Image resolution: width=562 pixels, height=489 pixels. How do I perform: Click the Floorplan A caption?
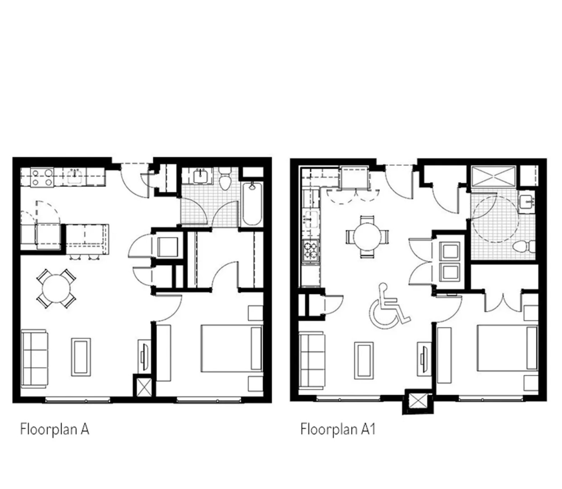[54, 429]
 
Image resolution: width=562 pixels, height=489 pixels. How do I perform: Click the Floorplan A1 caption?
[338, 429]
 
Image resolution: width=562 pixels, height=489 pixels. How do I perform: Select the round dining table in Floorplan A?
[56, 288]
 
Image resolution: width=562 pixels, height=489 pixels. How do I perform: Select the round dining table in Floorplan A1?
[367, 236]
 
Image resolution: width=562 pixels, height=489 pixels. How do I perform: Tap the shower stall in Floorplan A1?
[493, 176]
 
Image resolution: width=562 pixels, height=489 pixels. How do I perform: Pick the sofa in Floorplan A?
[34, 358]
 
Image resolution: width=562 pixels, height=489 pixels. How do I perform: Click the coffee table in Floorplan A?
[81, 357]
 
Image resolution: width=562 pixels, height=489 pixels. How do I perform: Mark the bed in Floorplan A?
[232, 348]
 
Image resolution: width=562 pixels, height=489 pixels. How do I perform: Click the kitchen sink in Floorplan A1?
[311, 218]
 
